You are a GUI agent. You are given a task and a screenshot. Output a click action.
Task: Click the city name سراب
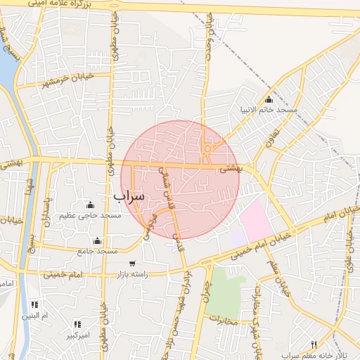pyautogui.click(x=128, y=195)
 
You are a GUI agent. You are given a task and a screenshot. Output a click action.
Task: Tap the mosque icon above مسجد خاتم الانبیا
pyautogui.click(x=269, y=99)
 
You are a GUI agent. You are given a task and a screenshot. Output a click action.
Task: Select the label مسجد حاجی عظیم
pyautogui.click(x=91, y=214)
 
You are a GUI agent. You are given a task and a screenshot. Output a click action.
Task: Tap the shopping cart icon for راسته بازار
pyautogui.click(x=132, y=264)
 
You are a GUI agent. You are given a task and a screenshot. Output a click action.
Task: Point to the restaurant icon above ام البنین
pyautogui.click(x=33, y=304)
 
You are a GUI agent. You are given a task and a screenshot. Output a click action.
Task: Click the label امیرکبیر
pyautogui.click(x=77, y=334)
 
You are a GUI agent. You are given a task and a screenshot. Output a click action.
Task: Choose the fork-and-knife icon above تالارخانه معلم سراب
pyautogui.click(x=314, y=345)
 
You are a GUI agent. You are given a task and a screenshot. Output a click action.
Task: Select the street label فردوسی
pyautogui.click(x=150, y=227)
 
